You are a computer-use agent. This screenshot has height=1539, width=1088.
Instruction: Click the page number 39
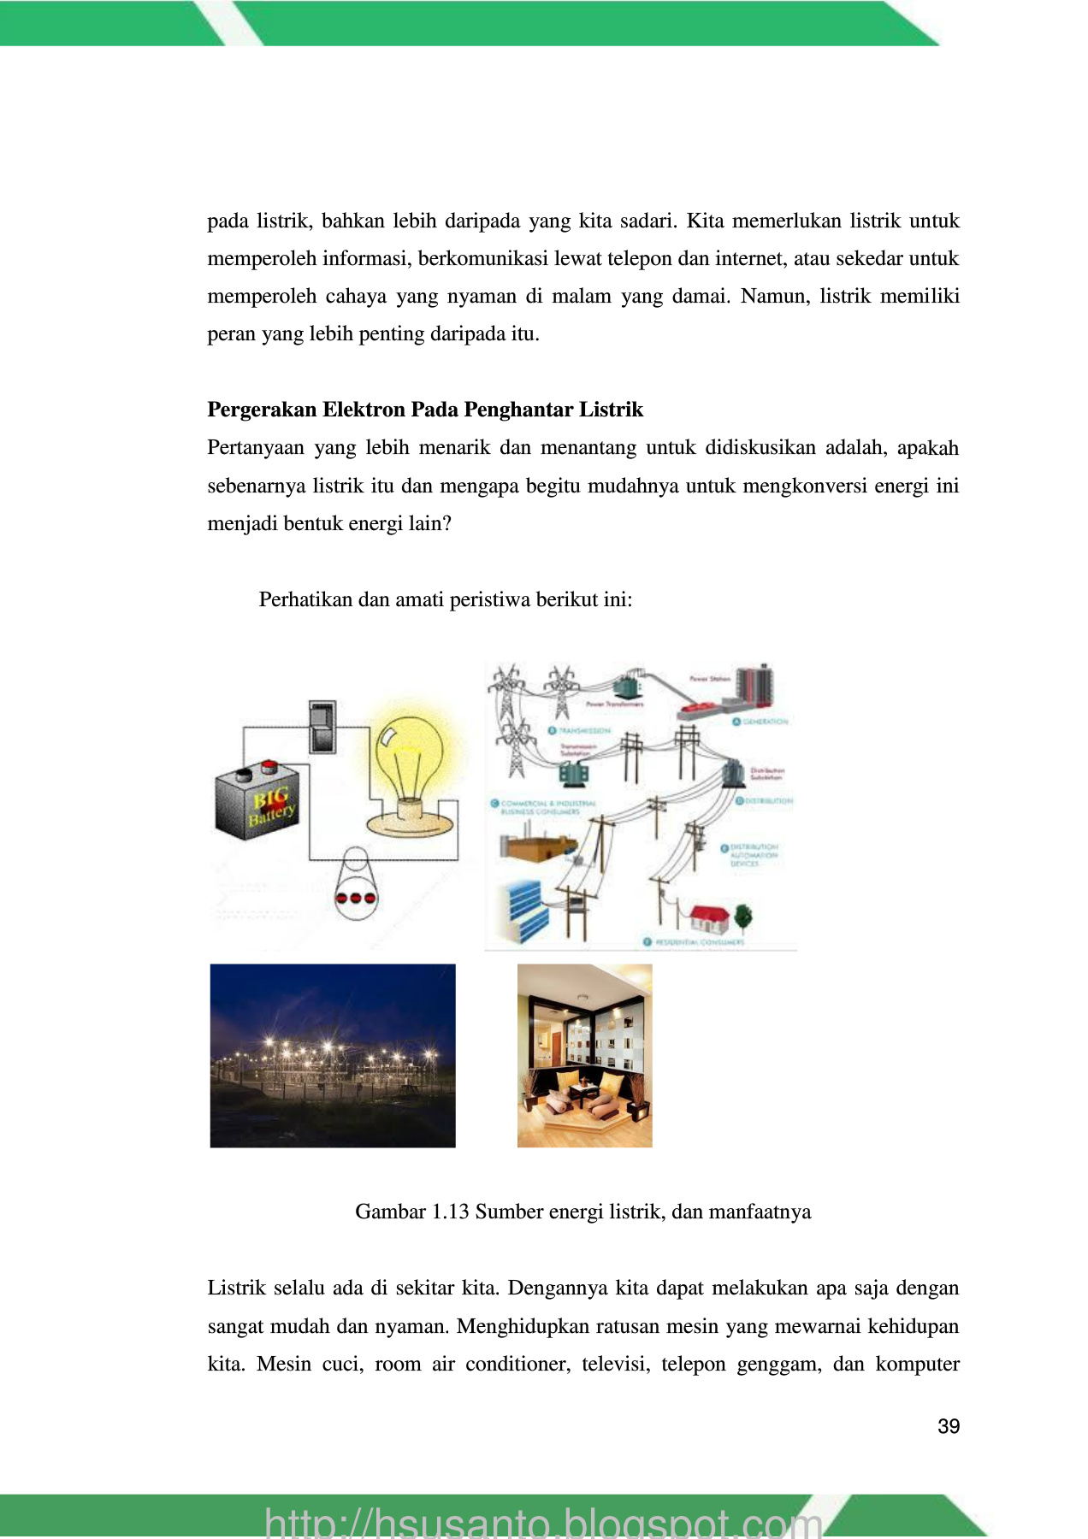tap(948, 1426)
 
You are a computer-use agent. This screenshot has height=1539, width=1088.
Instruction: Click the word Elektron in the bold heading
tap(363, 410)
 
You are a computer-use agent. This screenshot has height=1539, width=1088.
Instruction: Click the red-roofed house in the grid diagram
tap(709, 919)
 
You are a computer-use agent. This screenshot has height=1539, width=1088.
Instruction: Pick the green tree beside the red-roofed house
tap(742, 917)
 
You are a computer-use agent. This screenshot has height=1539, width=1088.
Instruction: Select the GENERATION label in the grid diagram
tap(764, 722)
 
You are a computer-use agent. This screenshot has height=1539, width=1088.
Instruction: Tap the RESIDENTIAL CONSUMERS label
tap(699, 942)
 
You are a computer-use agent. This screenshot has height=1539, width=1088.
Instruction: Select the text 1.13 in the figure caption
tap(450, 1212)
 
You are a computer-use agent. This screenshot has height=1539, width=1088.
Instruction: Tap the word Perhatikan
tap(305, 599)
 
